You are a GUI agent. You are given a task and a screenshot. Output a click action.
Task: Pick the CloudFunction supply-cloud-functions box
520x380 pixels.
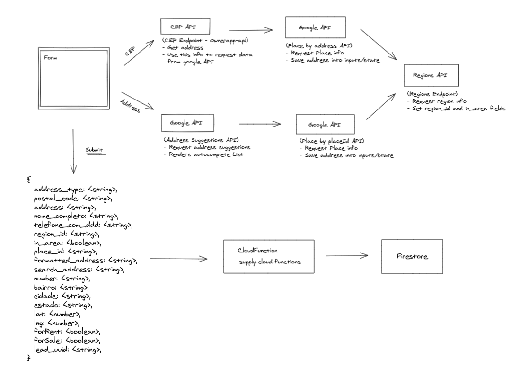[x=269, y=256]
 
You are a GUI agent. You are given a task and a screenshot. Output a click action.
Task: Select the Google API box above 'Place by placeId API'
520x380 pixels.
[x=325, y=125]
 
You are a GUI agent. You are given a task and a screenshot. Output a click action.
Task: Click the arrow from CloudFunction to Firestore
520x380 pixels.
[x=347, y=256]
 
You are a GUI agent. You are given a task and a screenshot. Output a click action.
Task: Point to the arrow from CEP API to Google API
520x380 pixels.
[x=250, y=30]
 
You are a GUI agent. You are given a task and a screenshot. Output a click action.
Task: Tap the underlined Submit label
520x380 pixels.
[x=94, y=151]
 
